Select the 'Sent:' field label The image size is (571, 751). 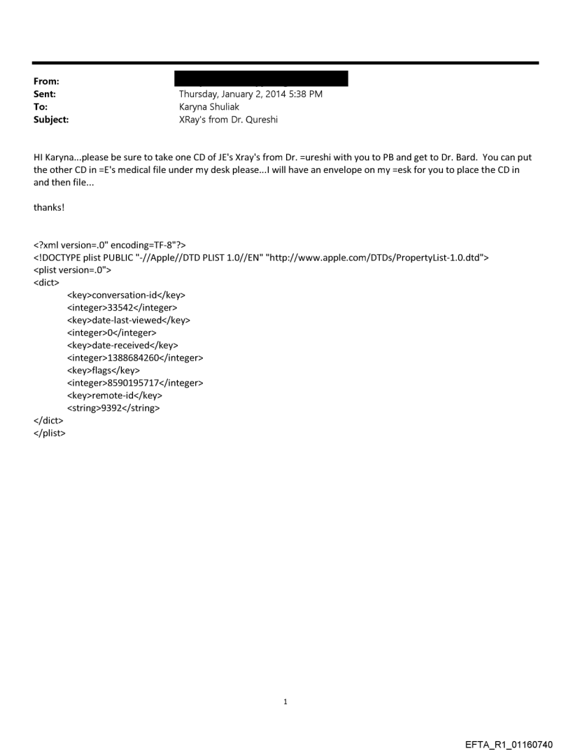click(x=45, y=94)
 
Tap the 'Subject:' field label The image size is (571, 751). click(x=50, y=120)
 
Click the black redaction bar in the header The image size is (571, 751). click(x=263, y=78)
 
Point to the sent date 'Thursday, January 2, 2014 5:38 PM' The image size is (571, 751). click(x=251, y=94)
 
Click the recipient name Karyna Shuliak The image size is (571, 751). click(x=209, y=106)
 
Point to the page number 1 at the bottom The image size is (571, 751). click(x=285, y=701)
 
